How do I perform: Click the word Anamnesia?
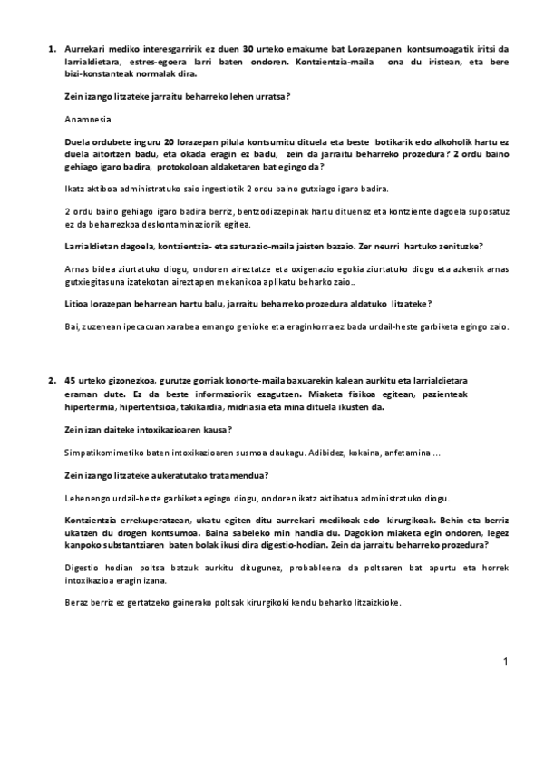click(x=89, y=119)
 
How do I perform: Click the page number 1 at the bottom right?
click(x=505, y=662)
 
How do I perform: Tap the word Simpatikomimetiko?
click(x=104, y=452)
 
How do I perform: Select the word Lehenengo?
click(x=91, y=498)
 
